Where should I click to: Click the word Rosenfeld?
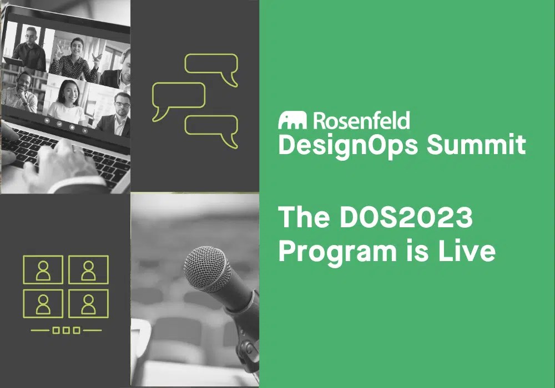point(361,120)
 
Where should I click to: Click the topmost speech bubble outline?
point(211,65)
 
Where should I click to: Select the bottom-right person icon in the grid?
point(88,303)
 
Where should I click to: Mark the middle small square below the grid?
point(65,331)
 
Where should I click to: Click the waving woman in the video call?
point(75,58)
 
